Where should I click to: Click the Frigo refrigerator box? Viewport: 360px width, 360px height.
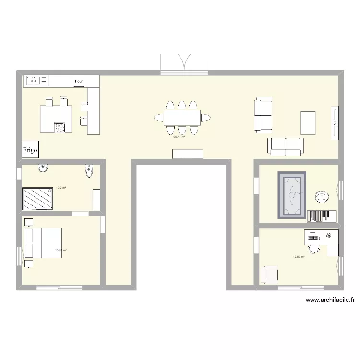pyautogui.click(x=30, y=150)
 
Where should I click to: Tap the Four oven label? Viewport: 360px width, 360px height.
pyautogui.click(x=79, y=82)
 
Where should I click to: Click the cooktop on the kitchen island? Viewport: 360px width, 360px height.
pyautogui.click(x=60, y=127)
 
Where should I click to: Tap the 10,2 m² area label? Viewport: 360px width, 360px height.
pyautogui.click(x=61, y=188)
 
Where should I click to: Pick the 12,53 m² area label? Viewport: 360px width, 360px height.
pyautogui.click(x=299, y=257)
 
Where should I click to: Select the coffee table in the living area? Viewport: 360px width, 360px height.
pyautogui.click(x=308, y=122)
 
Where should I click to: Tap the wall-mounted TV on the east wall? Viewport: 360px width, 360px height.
pyautogui.click(x=335, y=123)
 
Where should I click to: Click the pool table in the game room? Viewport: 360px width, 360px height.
pyautogui.click(x=291, y=194)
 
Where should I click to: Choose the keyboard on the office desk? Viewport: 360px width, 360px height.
pyautogui.click(x=313, y=237)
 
